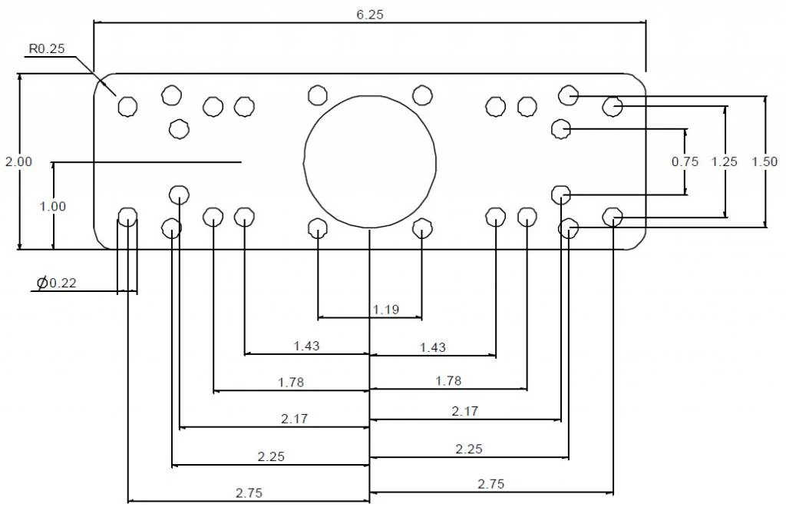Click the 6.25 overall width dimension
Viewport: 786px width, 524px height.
coord(369,15)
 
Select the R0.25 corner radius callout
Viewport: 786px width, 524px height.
coord(47,49)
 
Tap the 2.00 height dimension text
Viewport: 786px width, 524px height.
coord(18,161)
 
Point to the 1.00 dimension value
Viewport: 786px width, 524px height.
coord(53,206)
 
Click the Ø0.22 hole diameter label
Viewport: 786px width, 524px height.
coord(57,284)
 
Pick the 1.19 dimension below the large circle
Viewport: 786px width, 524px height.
coord(386,310)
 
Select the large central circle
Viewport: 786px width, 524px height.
coord(370,161)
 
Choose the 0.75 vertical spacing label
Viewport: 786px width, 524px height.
coord(685,161)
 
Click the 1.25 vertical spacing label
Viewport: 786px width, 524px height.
coord(724,161)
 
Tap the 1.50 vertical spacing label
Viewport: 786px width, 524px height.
coord(765,161)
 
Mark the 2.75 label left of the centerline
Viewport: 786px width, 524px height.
coord(249,493)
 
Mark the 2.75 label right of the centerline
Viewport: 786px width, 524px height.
coord(491,483)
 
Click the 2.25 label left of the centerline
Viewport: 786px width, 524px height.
coord(270,456)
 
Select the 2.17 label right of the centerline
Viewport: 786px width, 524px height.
coord(465,411)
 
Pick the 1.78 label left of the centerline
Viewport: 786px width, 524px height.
coord(292,382)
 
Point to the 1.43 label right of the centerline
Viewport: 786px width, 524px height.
coord(432,347)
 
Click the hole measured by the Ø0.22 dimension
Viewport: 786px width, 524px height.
coord(127,217)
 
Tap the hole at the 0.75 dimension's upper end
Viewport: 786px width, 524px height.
coord(561,128)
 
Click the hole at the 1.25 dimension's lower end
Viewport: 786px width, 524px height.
coord(612,217)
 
